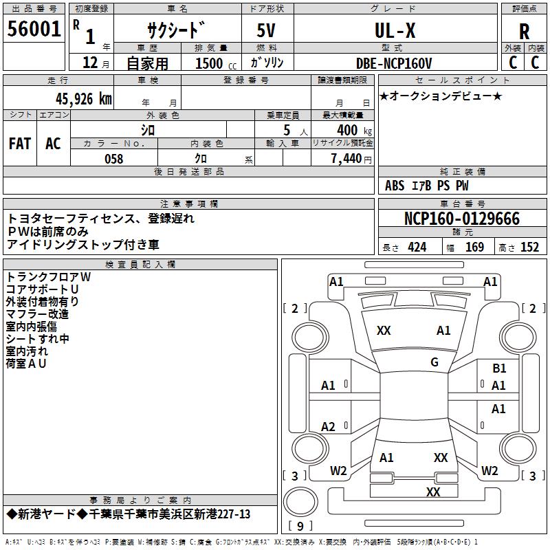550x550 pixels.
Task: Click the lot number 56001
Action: pos(34,29)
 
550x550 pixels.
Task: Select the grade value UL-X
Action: pos(395,30)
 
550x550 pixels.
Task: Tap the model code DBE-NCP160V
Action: pos(393,63)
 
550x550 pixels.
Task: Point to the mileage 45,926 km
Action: pos(83,98)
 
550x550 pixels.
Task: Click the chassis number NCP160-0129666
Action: pos(462,219)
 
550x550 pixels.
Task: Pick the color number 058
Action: pos(114,159)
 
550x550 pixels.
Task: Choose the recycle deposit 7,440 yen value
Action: pos(351,159)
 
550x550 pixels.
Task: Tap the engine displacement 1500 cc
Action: pos(216,63)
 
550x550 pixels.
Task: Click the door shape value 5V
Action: pos(266,30)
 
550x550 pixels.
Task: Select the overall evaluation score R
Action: pos(524,32)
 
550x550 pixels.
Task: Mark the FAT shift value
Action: pos(20,144)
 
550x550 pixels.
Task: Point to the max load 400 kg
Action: pos(354,130)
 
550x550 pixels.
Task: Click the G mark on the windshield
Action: pos(434,362)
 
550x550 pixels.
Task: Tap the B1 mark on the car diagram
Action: pos(499,368)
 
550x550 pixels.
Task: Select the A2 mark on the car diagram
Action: pos(328,426)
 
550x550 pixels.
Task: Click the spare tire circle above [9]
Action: pos(300,502)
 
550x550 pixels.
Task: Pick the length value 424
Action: pos(417,247)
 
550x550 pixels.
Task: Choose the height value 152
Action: pos(529,247)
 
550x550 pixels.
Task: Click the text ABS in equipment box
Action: pos(395,186)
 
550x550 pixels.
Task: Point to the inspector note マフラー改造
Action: pos(37,314)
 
